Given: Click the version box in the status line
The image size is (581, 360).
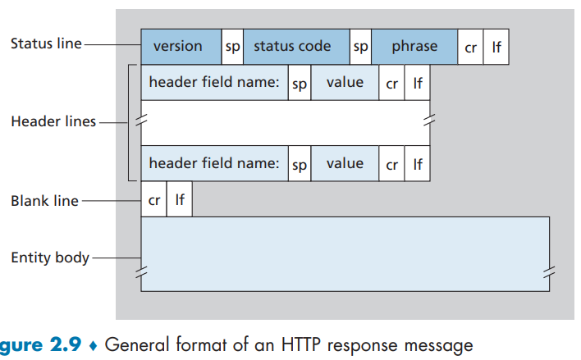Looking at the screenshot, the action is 181,47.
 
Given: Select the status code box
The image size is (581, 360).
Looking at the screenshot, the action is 296,47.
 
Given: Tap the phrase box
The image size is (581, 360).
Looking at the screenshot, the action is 414,47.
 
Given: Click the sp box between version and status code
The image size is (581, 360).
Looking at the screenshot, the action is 232,47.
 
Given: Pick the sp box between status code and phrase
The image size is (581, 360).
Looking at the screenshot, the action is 360,47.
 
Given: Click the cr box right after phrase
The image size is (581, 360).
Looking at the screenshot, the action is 470,47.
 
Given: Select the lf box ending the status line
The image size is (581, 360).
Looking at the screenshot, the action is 496,47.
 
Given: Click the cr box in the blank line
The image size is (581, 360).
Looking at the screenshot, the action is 153,199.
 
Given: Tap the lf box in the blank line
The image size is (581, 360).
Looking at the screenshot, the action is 180,199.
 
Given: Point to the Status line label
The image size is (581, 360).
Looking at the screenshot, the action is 46,43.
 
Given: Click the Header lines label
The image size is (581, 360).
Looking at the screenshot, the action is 53,121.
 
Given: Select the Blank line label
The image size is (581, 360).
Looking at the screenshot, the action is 44,201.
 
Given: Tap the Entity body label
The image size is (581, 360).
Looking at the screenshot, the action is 50,257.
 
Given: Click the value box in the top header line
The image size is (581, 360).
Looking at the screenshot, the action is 345,83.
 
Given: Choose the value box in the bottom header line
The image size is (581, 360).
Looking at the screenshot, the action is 345,164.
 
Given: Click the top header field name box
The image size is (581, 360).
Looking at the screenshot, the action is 214,83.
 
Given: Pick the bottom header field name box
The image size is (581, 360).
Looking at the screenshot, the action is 214,164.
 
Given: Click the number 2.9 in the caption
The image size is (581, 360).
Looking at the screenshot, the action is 65,344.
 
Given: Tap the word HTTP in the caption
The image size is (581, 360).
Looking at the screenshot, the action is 300,344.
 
